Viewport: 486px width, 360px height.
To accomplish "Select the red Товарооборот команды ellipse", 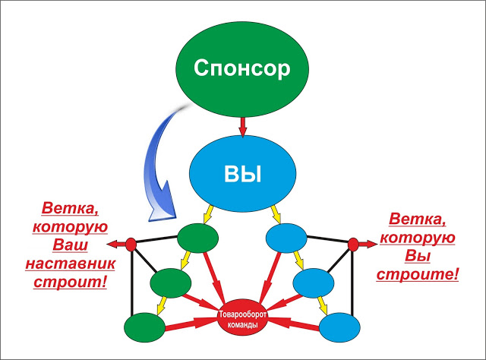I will click(x=242, y=318).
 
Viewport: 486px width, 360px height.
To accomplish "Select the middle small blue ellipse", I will click(x=314, y=283).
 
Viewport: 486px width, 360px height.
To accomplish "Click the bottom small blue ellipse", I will click(x=339, y=327).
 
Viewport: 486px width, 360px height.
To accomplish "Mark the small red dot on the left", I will click(x=131, y=244).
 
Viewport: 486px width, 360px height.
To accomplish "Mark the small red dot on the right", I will click(x=353, y=244).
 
